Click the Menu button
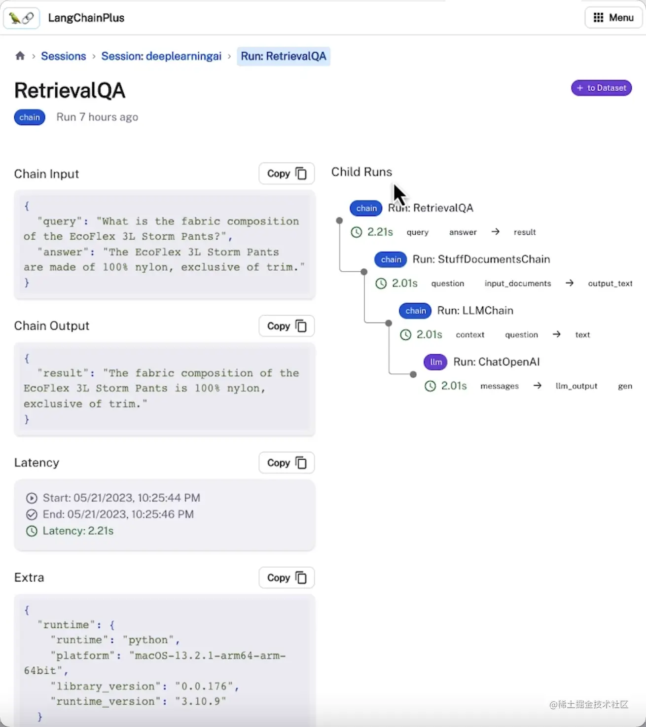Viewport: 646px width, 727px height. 613,18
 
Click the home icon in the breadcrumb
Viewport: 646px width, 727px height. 20,56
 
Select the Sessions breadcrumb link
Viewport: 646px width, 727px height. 64,56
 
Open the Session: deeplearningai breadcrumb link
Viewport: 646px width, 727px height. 161,56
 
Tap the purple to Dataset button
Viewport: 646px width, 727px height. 601,88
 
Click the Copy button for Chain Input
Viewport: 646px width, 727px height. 287,174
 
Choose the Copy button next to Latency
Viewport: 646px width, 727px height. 287,463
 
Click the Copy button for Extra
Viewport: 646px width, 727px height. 287,578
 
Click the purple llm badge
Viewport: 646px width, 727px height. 435,362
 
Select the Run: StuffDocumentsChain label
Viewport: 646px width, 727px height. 481,259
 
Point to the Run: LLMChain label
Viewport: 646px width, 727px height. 475,311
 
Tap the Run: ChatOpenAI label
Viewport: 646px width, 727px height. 496,362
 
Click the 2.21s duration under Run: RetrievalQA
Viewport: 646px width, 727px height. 380,232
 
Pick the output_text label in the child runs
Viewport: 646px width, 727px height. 610,284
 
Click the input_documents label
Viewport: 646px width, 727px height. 517,284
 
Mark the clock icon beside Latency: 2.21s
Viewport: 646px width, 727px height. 32,531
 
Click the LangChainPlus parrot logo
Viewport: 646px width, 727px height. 22,18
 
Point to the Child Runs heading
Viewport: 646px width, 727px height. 361,172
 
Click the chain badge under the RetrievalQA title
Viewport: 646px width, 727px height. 30,117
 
